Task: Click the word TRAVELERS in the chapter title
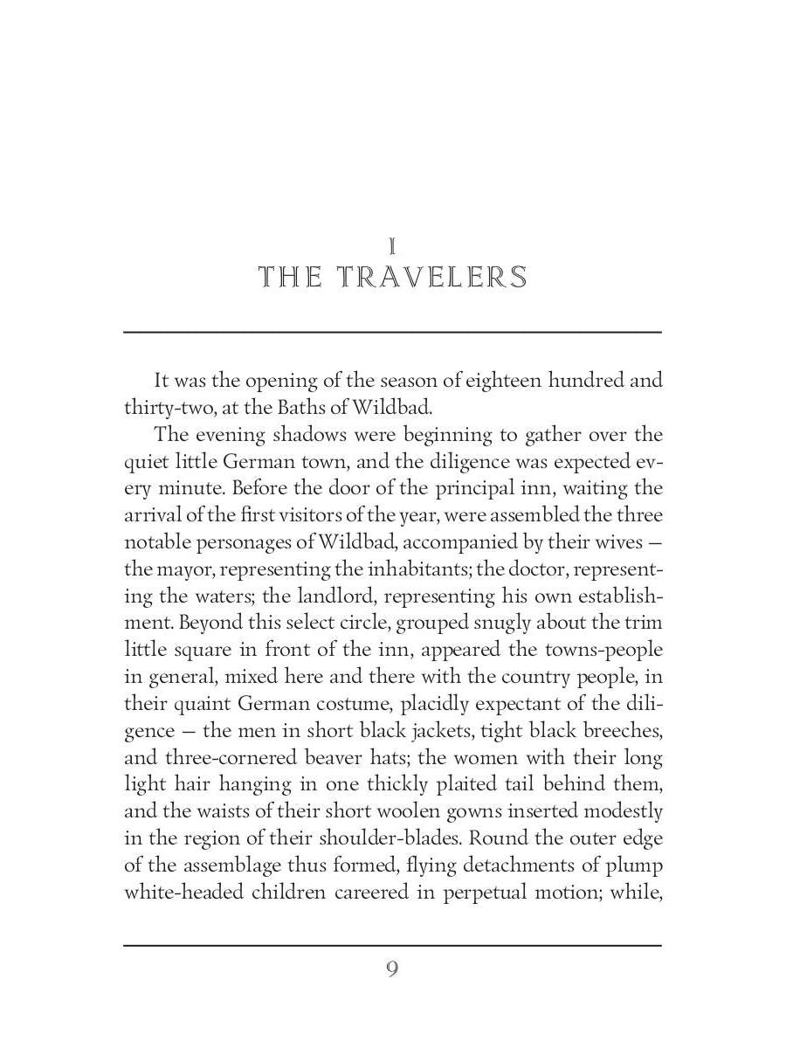432,278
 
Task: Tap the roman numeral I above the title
393,247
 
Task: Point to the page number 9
392,969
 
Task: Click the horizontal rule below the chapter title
392,332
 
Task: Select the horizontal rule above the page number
392,945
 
